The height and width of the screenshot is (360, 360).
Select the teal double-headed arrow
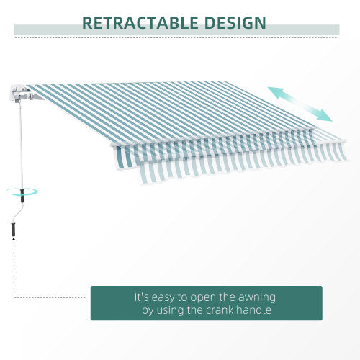[x=300, y=104]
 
